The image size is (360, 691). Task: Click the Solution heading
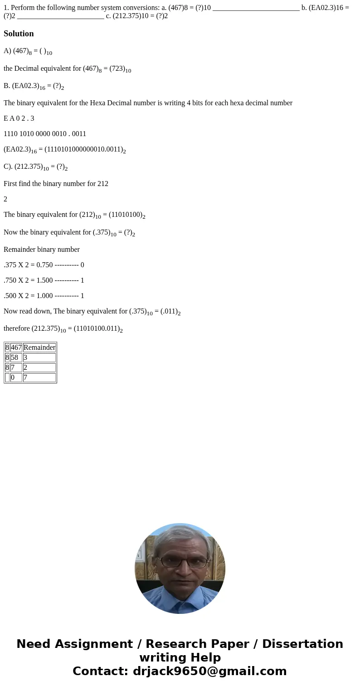19,34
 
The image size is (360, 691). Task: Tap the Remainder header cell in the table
39,348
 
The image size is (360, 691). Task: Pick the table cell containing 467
16,348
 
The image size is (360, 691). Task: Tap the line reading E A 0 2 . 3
19,118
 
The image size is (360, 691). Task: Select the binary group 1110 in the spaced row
11,134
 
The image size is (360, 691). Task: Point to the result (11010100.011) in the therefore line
97,329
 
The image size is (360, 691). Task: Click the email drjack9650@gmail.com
209,671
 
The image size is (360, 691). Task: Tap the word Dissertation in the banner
302,644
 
